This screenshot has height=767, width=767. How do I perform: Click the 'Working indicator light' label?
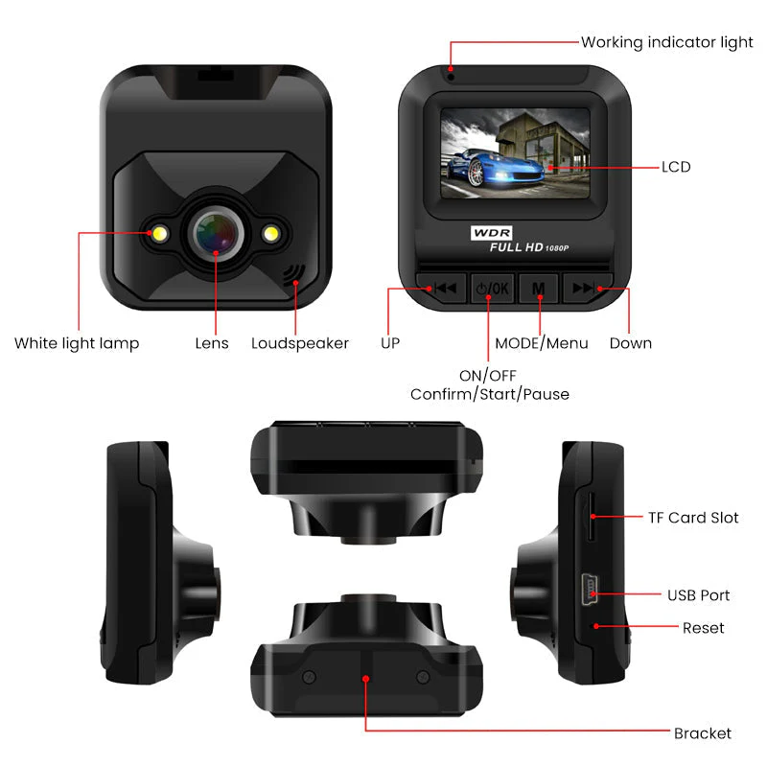(x=666, y=42)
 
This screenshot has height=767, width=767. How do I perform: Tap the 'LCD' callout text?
(x=676, y=167)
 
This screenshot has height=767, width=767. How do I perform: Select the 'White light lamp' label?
(x=77, y=343)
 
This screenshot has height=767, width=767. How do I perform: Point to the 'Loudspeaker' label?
(x=300, y=343)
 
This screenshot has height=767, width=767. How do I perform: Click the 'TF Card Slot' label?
(x=693, y=518)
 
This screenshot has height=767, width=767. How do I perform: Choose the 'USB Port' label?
(x=699, y=595)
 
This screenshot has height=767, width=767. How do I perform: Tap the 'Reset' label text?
(x=704, y=628)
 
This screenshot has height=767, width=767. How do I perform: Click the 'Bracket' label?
(x=703, y=733)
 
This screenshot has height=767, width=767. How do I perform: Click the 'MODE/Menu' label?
(x=541, y=343)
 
